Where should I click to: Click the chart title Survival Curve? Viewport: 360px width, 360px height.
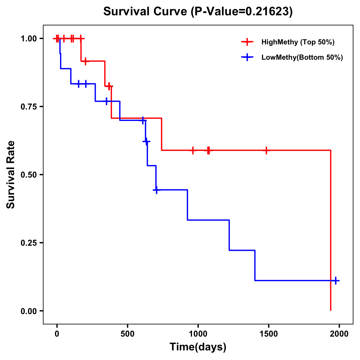[x=146, y=12]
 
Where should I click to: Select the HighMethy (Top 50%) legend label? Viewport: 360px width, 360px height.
[x=298, y=42]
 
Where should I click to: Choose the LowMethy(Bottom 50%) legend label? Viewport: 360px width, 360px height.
[x=302, y=57]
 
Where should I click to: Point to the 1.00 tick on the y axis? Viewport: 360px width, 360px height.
[x=28, y=39]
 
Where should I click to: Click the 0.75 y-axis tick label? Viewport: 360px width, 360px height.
[x=28, y=107]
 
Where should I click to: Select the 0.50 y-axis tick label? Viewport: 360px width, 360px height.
[x=28, y=175]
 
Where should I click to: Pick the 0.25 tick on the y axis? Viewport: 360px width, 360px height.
[x=28, y=243]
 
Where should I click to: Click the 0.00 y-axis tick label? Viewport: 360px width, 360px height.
[x=28, y=311]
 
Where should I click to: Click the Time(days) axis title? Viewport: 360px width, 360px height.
[x=198, y=347]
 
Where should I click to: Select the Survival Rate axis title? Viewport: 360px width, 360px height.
[x=11, y=175]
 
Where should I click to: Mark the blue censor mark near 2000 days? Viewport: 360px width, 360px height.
[x=336, y=280]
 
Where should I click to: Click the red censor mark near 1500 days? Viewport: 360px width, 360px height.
[x=266, y=150]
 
